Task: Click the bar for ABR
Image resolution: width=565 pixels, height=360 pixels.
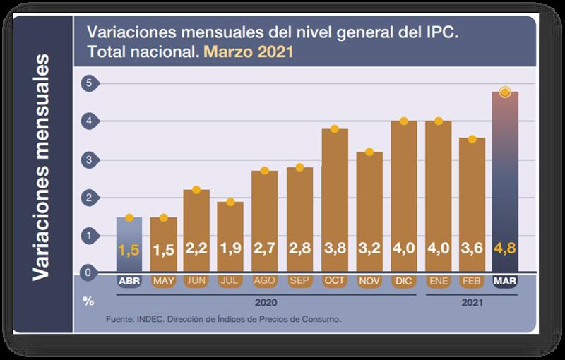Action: pos(129,244)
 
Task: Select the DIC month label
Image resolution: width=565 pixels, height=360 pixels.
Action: pos(403,281)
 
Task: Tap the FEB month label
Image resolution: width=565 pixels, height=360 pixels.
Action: pos(470,281)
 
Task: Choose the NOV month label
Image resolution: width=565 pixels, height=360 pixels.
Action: pos(369,281)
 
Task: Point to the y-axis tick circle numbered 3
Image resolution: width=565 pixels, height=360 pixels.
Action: pos(88,160)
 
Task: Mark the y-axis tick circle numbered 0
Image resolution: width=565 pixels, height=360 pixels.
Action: pos(88,272)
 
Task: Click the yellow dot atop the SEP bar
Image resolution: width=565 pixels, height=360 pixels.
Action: pos(299,167)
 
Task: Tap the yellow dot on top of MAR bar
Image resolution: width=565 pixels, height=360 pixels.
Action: pos(504,92)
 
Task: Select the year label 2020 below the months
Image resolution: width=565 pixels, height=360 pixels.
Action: pos(266,301)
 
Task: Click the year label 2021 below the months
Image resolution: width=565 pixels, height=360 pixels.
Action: pos(470,301)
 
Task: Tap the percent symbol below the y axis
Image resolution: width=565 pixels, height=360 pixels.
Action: pos(88,301)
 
